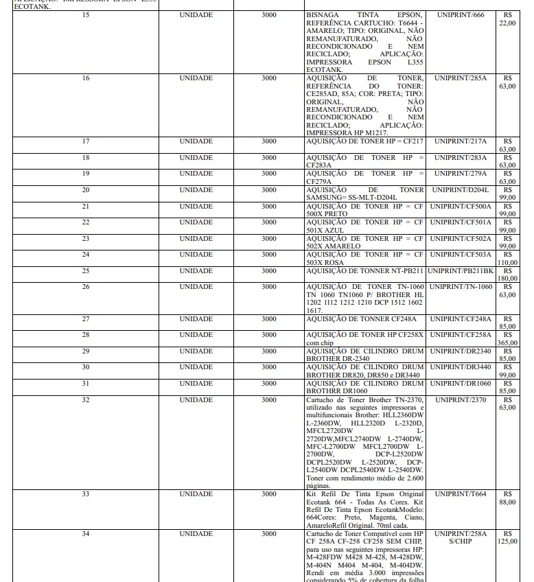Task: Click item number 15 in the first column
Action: click(x=85, y=14)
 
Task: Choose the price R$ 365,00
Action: click(x=507, y=338)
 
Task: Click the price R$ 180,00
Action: click(x=507, y=275)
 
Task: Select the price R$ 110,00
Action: click(x=507, y=258)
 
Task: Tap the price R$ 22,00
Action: click(x=507, y=19)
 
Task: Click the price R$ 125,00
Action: click(x=507, y=537)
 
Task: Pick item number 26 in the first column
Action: click(x=85, y=286)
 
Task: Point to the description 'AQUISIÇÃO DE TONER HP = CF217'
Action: click(x=364, y=141)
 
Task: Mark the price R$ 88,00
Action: click(x=507, y=498)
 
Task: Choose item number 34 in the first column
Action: click(x=85, y=533)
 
